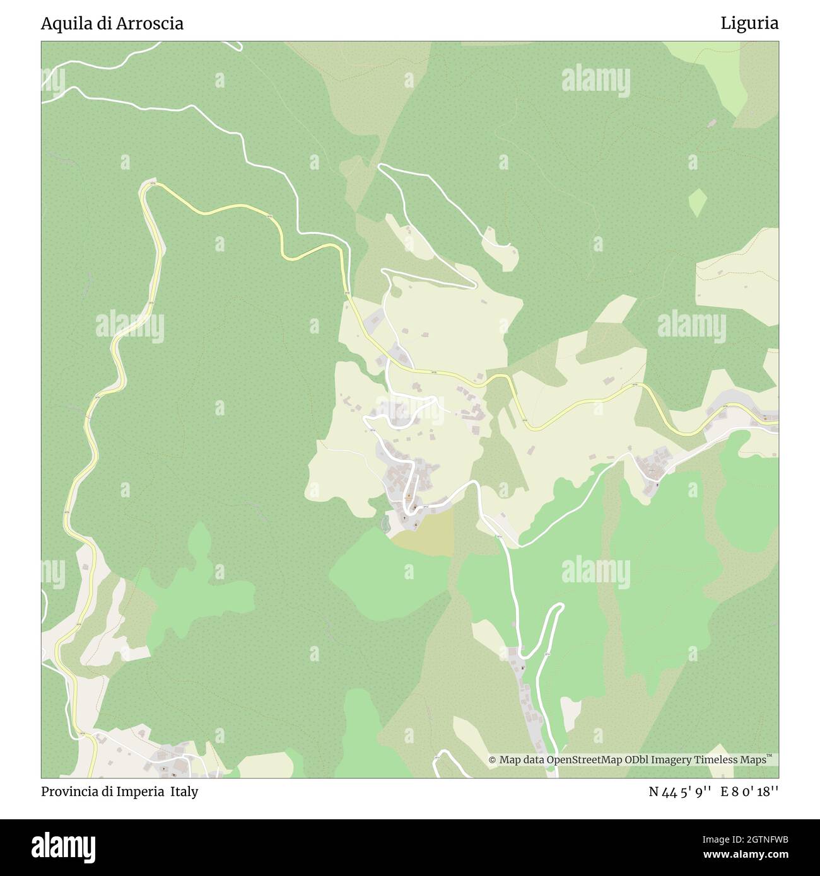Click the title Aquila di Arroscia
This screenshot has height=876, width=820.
[112, 24]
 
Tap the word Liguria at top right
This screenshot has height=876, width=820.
[750, 24]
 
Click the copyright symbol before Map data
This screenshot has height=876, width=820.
[493, 761]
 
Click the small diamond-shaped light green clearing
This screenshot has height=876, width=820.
[697, 202]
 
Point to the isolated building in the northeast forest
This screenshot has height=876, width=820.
[712, 123]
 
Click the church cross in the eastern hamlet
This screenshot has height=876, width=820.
[657, 485]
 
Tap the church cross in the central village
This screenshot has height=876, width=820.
[405, 518]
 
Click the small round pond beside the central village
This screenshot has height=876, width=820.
[386, 523]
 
